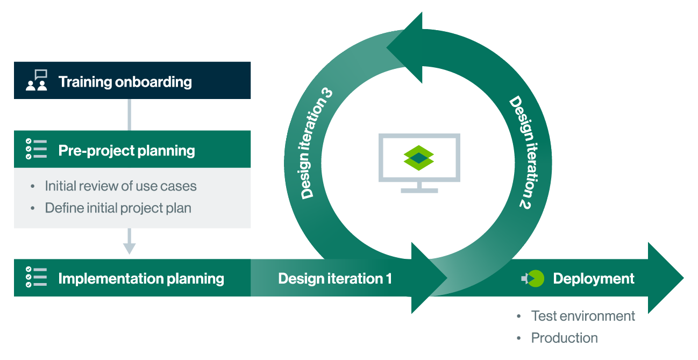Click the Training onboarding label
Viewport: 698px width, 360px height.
pyautogui.click(x=125, y=82)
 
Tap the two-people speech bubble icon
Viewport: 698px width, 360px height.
pyautogui.click(x=37, y=80)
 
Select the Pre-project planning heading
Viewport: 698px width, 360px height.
pyautogui.click(x=126, y=151)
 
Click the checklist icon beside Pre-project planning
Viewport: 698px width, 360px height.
pyautogui.click(x=36, y=149)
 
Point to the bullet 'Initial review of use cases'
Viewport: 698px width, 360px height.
pyautogui.click(x=120, y=186)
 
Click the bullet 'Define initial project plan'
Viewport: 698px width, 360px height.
pyautogui.click(x=118, y=208)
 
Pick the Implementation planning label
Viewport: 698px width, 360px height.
pyautogui.click(x=141, y=279)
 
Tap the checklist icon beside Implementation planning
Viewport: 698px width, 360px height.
pyautogui.click(x=36, y=277)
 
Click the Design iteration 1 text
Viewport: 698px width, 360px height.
pyautogui.click(x=335, y=278)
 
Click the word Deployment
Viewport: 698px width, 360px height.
pyautogui.click(x=594, y=279)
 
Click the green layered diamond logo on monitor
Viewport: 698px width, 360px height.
pyautogui.click(x=418, y=158)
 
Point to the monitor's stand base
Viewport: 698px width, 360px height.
pyautogui.click(x=419, y=190)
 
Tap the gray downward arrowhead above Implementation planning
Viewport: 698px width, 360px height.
pyautogui.click(x=129, y=249)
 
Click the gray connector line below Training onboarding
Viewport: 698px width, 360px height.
pyautogui.click(x=129, y=115)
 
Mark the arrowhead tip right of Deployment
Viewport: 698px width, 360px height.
pyautogui.click(x=684, y=278)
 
